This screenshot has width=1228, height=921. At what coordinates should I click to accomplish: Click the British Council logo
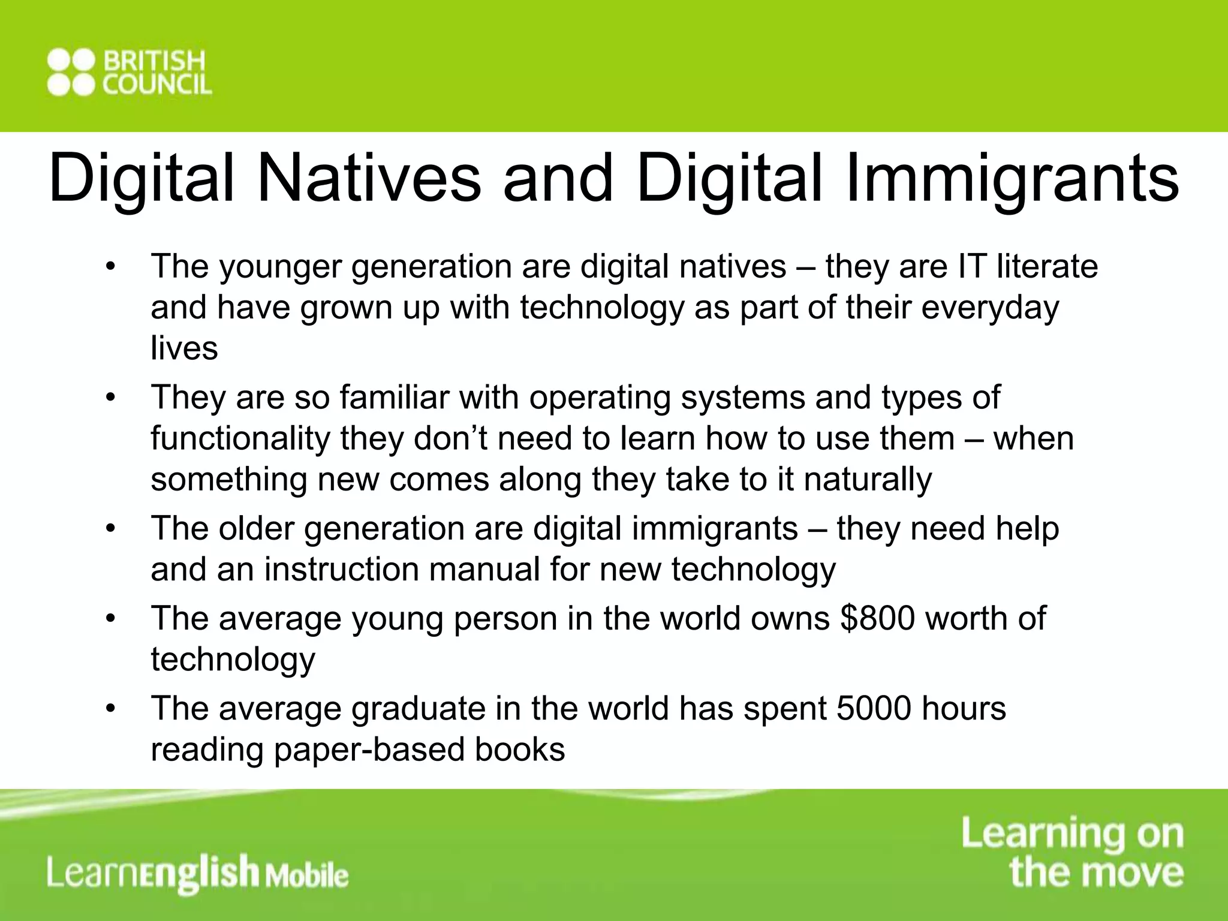tap(129, 73)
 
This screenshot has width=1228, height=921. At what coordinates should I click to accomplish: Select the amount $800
tap(877, 618)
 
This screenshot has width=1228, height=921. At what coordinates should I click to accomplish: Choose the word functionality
tap(240, 438)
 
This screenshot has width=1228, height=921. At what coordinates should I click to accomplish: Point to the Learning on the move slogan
tap(1073, 851)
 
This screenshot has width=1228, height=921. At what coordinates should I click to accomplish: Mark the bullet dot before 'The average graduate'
tap(109, 709)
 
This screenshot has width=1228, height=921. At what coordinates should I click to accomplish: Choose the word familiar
tap(393, 397)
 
